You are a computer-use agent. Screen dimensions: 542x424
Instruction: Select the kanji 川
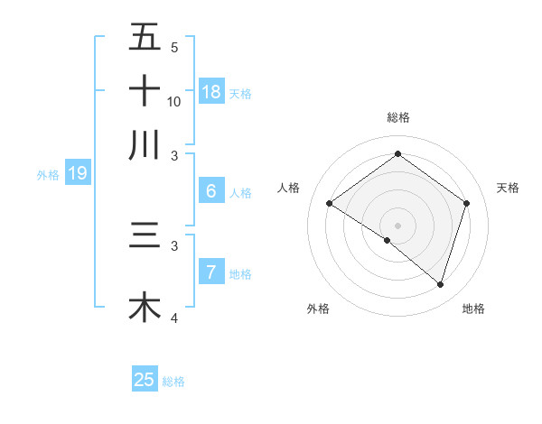pos(145,144)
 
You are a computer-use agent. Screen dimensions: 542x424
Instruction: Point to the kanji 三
pos(145,235)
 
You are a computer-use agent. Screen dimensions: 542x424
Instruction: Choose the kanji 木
pos(145,307)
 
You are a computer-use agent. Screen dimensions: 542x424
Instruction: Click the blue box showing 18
pos(211,91)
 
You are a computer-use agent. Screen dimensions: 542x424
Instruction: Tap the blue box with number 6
pos(211,191)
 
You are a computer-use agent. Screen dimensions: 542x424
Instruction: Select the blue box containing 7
pos(211,272)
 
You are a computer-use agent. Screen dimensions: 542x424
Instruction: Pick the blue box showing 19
pos(78,173)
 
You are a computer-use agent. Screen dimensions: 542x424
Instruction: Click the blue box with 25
pos(145,380)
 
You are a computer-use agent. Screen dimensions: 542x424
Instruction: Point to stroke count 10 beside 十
pos(174,102)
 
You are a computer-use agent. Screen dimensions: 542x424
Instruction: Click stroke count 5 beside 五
pos(174,48)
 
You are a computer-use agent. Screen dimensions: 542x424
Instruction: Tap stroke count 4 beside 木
pos(174,318)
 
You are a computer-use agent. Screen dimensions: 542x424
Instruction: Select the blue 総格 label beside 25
pos(173,382)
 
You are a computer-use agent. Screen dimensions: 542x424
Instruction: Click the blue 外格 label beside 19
pos(48,175)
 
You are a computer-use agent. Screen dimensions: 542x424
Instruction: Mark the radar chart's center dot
pos(397,225)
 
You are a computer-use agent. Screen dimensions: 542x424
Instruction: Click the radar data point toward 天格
pos(467,203)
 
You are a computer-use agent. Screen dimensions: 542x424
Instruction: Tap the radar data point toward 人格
pos(330,204)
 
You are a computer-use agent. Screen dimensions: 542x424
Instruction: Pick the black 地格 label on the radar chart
pos(473,309)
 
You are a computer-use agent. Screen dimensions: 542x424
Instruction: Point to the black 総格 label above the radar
pos(397,117)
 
